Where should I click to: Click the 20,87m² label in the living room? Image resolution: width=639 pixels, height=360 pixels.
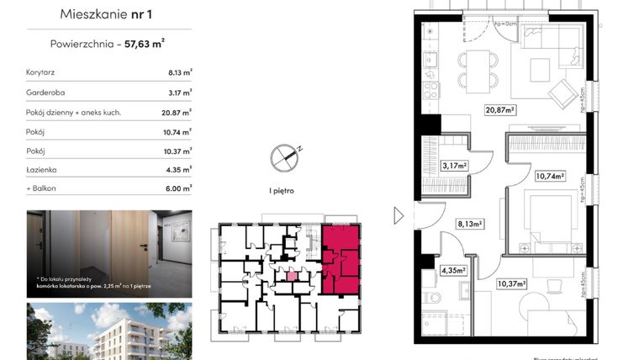499,109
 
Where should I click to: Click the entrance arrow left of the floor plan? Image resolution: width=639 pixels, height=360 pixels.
399,216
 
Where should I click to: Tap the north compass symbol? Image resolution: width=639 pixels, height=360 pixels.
285,156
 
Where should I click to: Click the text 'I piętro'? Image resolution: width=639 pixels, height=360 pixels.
282,192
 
